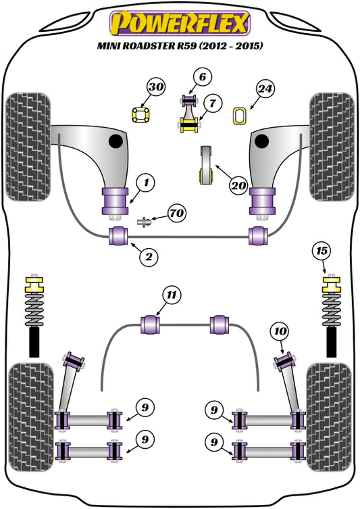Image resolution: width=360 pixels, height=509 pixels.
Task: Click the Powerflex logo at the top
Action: click(180, 24)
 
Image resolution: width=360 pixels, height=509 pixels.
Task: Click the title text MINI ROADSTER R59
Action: click(180, 47)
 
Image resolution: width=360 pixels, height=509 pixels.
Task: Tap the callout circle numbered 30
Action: click(156, 87)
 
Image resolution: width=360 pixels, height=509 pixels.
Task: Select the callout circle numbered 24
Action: click(265, 88)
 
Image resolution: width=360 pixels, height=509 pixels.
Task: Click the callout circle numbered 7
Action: click(211, 104)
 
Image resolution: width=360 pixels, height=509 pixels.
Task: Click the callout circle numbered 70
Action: click(177, 214)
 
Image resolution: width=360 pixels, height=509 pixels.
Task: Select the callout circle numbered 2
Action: click(150, 256)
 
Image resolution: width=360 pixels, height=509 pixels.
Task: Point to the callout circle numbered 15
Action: click(324, 251)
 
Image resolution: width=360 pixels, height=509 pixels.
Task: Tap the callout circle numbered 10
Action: click(279, 331)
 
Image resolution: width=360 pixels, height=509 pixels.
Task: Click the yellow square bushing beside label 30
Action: click(139, 115)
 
